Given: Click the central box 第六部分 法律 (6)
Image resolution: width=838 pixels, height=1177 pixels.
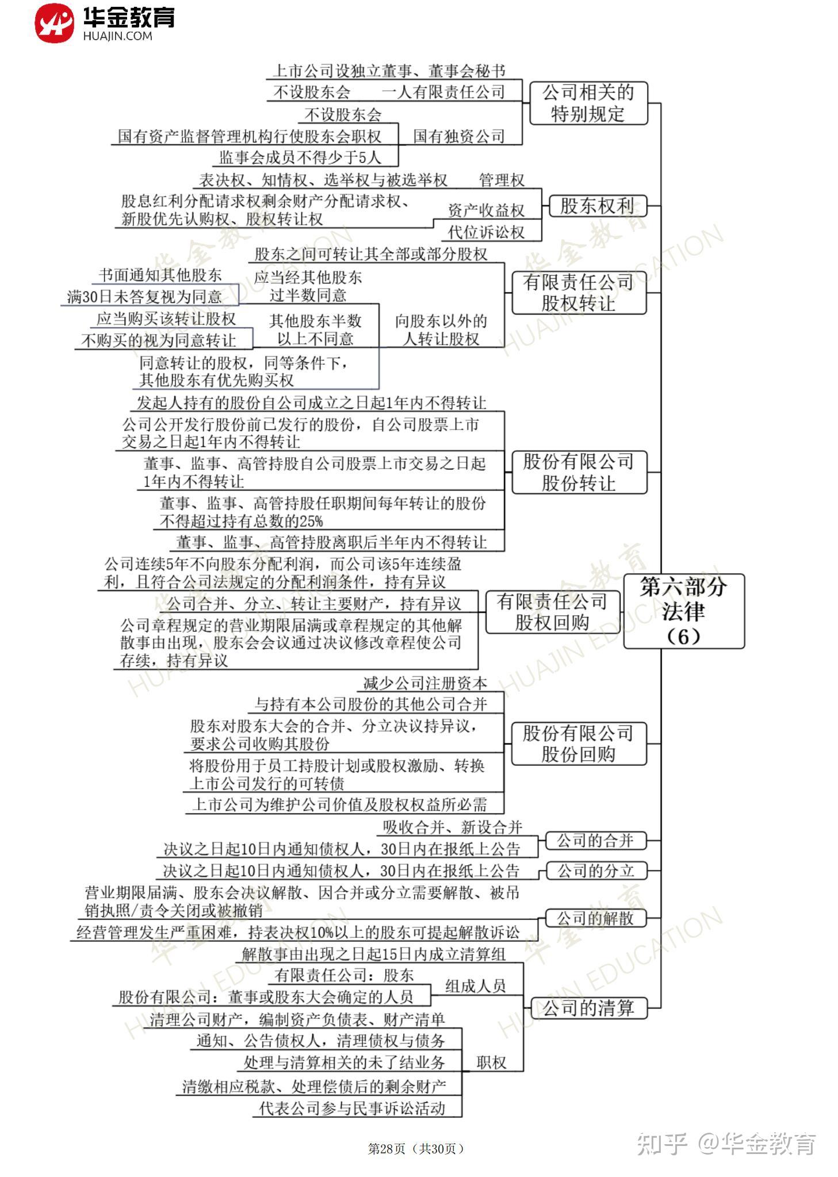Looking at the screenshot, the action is click(x=683, y=611).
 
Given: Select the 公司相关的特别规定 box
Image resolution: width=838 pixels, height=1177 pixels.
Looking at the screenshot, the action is click(x=588, y=103).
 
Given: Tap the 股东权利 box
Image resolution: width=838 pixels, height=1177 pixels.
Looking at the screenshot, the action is click(x=597, y=206).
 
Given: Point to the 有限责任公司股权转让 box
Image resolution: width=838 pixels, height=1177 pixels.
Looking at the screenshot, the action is click(x=579, y=293).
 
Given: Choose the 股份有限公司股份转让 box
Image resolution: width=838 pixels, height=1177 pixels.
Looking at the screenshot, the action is click(x=579, y=472).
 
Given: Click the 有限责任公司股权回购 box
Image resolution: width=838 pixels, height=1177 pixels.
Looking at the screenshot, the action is click(x=552, y=612).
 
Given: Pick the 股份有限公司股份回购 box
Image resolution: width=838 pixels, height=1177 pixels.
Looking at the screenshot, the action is click(x=579, y=743).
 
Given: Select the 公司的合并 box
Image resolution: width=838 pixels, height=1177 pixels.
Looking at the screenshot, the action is click(x=595, y=841).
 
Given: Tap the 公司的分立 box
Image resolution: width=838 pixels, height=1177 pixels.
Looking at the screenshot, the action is click(x=596, y=871).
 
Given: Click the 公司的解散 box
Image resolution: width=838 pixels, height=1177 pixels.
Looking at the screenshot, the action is click(x=595, y=918).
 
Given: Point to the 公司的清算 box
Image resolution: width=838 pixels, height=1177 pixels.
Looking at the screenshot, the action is click(x=588, y=1008).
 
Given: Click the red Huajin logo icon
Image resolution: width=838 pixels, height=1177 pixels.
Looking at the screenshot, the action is click(x=54, y=23).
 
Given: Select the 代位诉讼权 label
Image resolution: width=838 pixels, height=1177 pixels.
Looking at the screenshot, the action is click(x=487, y=232).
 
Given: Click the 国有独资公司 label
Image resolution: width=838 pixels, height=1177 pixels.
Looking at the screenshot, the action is click(x=459, y=136).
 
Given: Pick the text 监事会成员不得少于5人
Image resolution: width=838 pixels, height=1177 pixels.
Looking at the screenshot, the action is click(x=300, y=158).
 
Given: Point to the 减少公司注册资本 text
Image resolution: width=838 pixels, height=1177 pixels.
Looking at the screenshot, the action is click(x=426, y=683).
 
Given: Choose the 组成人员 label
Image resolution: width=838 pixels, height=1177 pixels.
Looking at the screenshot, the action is click(x=475, y=986).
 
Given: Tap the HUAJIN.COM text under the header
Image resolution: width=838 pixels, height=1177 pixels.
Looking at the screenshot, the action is click(x=117, y=36).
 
